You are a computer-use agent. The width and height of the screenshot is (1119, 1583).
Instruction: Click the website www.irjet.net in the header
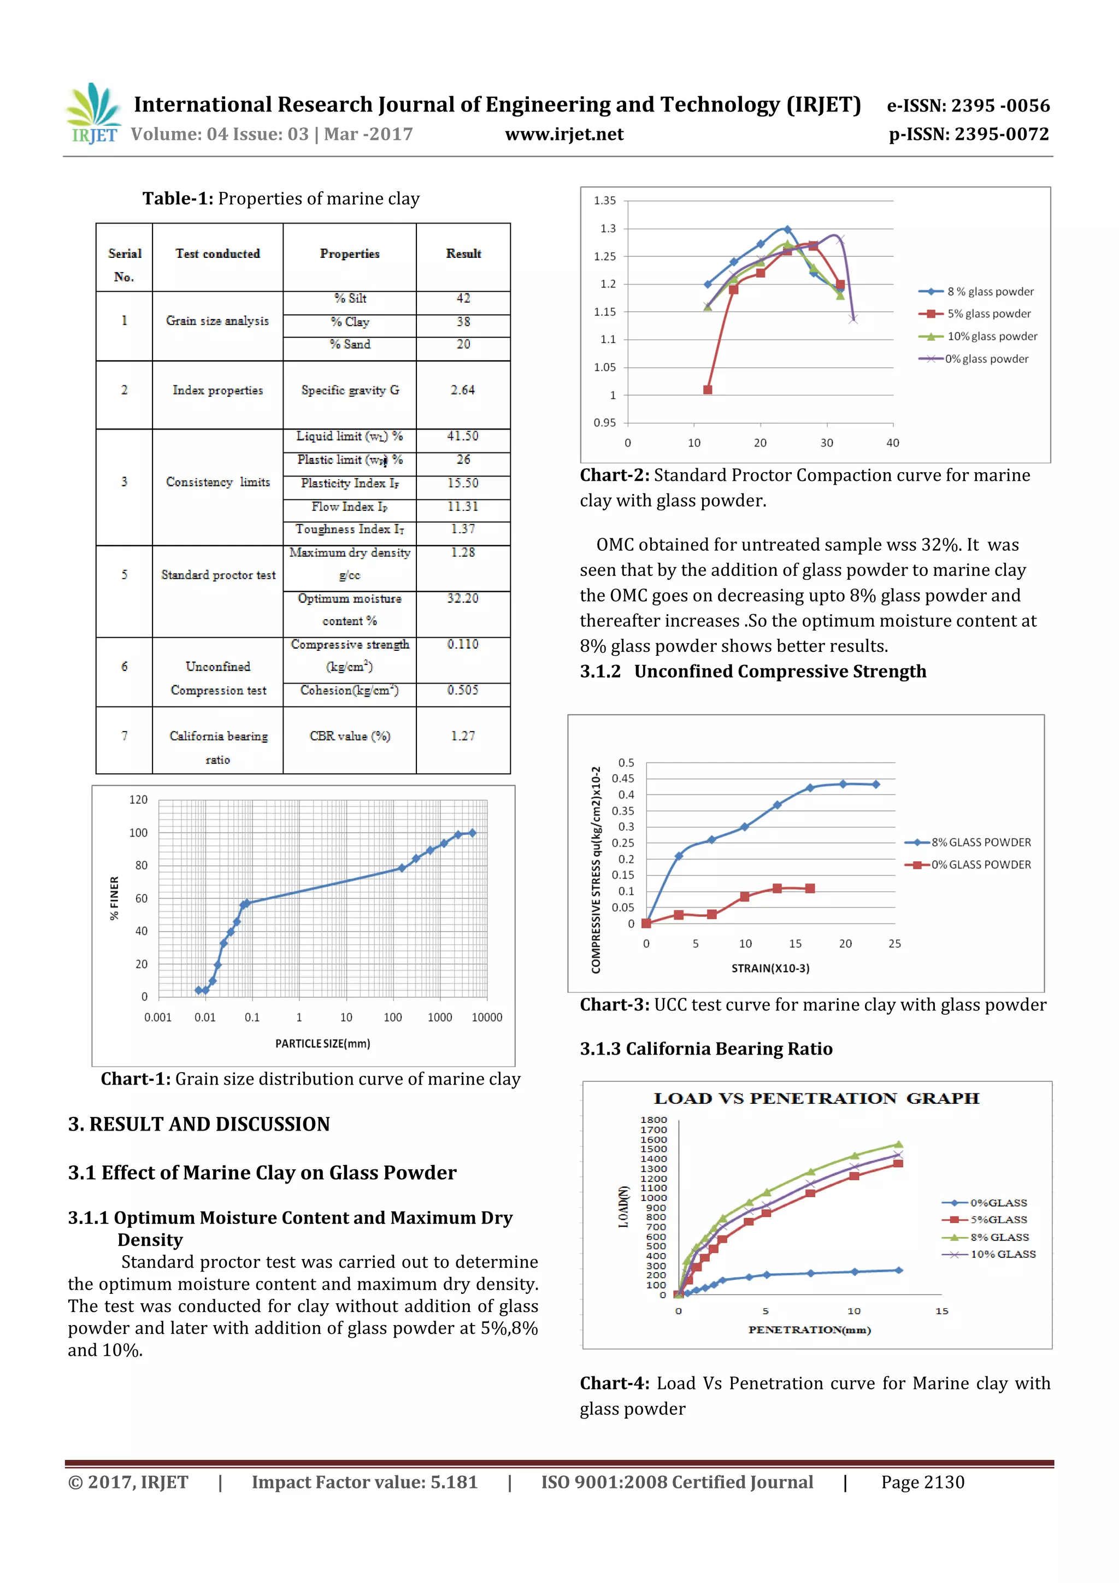(x=563, y=134)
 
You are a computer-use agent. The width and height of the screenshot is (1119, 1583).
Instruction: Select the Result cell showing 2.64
(x=463, y=390)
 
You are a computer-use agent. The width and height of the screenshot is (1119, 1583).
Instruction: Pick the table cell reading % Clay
(x=350, y=322)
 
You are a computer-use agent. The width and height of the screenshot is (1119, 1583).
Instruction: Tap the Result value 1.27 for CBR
(x=463, y=737)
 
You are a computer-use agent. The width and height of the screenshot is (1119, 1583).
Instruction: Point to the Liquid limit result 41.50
(x=463, y=437)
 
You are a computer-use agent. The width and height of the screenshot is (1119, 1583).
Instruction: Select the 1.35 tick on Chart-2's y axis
(x=605, y=201)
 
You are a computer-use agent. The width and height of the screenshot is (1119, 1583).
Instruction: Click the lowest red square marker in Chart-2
(x=708, y=390)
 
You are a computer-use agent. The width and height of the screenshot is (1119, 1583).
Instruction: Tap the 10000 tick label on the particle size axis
(x=487, y=1017)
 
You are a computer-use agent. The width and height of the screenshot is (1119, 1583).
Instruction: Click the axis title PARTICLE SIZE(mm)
(x=323, y=1044)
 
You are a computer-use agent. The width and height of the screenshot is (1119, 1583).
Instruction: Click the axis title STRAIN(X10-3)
(x=770, y=969)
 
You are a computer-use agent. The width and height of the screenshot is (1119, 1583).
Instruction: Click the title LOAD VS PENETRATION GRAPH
(x=816, y=1099)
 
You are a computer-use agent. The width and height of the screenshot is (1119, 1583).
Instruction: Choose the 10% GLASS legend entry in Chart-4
(x=1003, y=1254)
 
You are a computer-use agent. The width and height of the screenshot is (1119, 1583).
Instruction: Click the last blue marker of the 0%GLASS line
(x=898, y=1270)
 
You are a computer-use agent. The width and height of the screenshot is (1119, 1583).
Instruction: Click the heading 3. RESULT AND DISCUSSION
(x=198, y=1125)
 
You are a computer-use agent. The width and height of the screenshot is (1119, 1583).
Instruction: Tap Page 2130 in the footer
(x=922, y=1482)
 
